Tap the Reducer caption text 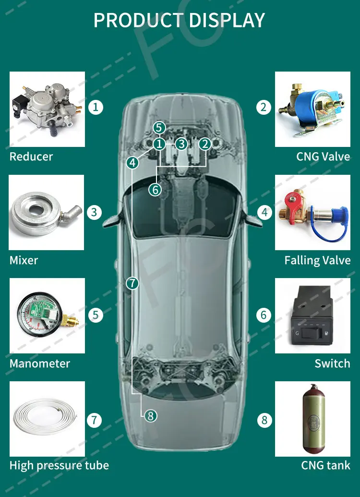pos(31,157)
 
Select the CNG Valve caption pos(323,157)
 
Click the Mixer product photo pos(47,212)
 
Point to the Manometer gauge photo pos(47,315)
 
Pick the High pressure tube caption pos(59,465)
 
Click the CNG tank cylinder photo pos(312,419)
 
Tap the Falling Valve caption pos(317,260)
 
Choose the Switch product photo pos(312,315)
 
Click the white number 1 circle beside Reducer pos(96,107)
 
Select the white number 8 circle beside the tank pos(264,421)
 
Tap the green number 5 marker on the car pos(160,128)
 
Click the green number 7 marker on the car pos(132,283)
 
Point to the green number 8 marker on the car pos(151,416)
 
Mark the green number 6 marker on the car pos(155,190)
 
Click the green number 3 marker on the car pos(180,144)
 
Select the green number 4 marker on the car pos(132,163)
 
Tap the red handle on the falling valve pos(291,198)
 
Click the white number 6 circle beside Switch pos(264,315)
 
